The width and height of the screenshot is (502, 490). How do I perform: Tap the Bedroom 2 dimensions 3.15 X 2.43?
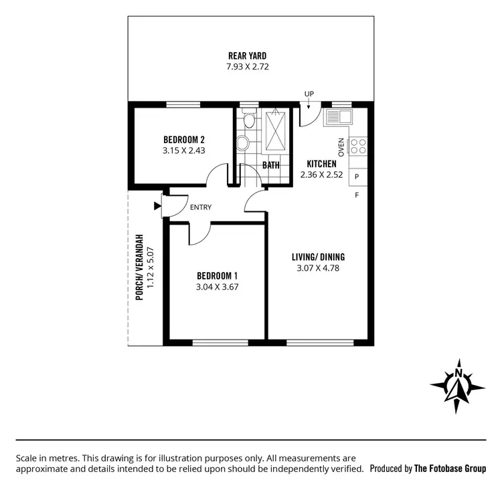[x=183, y=150]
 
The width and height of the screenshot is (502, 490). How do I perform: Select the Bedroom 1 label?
[x=218, y=275]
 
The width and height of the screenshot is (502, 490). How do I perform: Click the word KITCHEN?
[x=321, y=164]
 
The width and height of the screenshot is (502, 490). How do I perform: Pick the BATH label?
[x=271, y=164]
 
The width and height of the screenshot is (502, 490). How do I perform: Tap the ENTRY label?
[x=201, y=207]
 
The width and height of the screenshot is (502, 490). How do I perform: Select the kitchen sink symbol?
[x=338, y=118]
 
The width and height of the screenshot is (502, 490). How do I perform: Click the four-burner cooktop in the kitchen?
[x=358, y=146]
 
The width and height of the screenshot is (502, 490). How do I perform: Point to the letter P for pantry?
[x=357, y=176]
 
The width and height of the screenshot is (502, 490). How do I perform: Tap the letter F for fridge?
[x=357, y=195]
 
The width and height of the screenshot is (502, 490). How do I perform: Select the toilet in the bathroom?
[x=248, y=121]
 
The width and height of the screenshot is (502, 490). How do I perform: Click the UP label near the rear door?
[x=309, y=94]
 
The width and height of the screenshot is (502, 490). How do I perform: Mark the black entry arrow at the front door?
[x=157, y=206]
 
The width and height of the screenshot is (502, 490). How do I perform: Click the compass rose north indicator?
[x=458, y=386]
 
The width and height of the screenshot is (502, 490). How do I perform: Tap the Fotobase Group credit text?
[x=428, y=469]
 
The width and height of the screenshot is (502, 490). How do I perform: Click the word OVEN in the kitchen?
[x=341, y=147]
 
